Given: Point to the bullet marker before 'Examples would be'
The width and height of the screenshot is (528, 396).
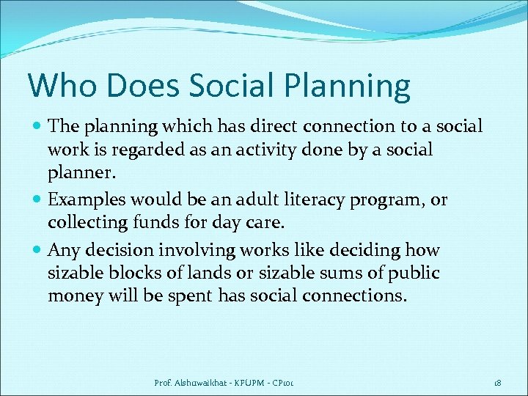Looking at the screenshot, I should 37,200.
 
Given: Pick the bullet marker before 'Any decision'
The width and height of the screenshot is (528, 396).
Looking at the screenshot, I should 37,251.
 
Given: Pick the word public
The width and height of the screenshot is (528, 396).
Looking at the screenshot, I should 414,274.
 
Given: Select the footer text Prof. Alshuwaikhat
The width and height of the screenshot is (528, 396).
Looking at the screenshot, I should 188,383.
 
